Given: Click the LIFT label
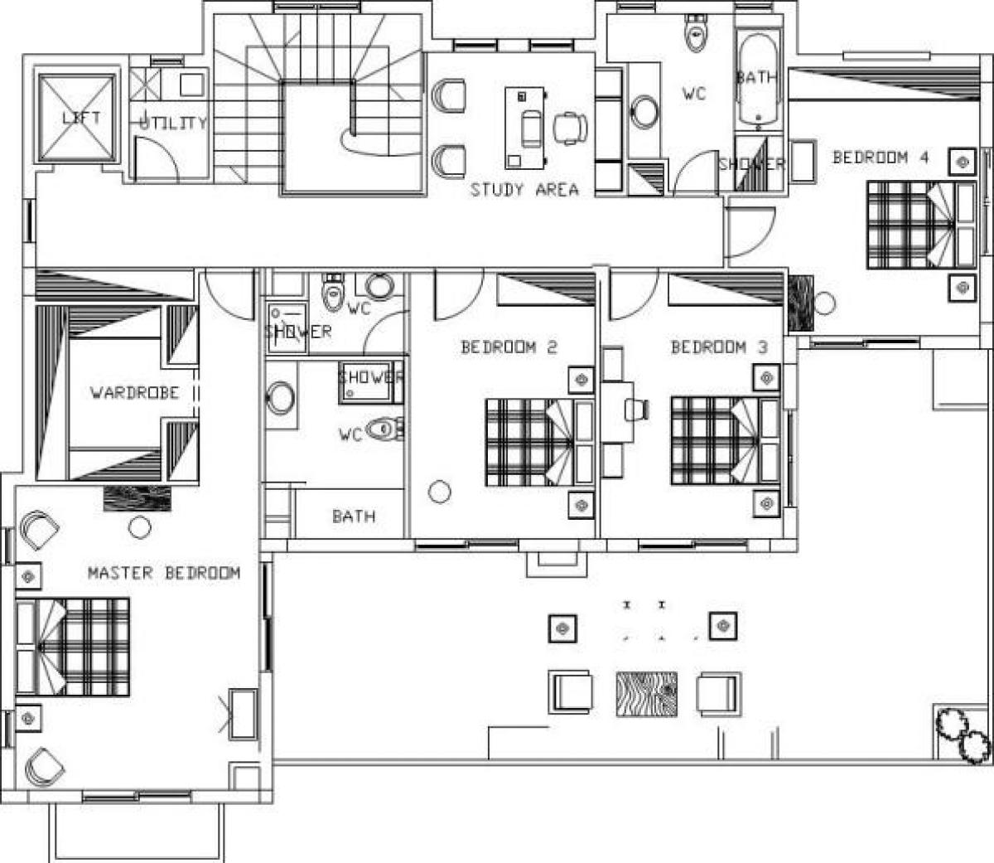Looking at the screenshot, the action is tap(81, 118).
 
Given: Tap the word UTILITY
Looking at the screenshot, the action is tap(173, 123).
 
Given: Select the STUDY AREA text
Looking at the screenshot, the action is tap(524, 190).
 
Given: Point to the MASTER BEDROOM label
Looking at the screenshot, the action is tap(164, 573).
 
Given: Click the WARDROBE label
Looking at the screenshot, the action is tap(135, 392).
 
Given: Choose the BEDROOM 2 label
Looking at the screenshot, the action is tap(509, 347).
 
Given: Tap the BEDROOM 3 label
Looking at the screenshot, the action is tap(719, 347).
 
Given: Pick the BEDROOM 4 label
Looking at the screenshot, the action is tap(881, 157).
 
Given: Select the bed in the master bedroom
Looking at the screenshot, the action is tap(73, 647).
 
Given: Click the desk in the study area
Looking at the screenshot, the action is tap(524, 128).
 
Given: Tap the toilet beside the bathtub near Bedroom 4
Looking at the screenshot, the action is tap(696, 32).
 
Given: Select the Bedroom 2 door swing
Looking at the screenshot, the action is tap(459, 296).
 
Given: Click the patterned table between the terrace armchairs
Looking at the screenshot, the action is tap(647, 694).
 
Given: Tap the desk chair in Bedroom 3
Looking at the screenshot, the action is tap(637, 410).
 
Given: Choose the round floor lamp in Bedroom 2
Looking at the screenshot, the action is tap(439, 492).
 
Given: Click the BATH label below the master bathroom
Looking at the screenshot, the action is tap(354, 516).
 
